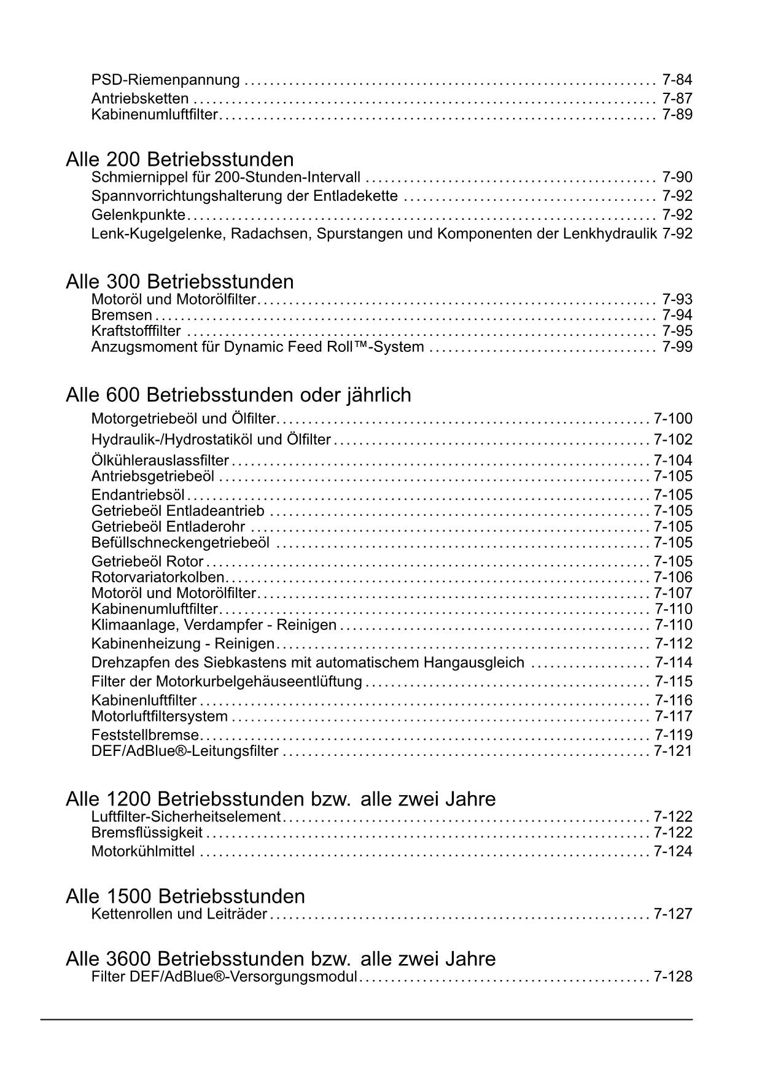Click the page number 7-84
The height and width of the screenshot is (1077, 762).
(x=677, y=80)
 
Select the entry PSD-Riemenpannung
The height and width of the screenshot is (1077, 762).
(x=165, y=80)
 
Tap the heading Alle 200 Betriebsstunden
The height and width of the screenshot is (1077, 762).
(x=179, y=160)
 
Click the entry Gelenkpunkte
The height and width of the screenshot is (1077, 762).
(x=138, y=215)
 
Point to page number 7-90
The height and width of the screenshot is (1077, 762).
(x=677, y=177)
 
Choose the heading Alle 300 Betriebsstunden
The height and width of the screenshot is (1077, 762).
(x=179, y=282)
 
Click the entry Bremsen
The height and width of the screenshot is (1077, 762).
(x=122, y=316)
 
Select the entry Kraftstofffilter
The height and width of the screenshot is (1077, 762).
(x=136, y=332)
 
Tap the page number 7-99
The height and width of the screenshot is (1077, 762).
(x=677, y=347)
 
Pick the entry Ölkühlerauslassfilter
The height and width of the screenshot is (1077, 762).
(x=160, y=461)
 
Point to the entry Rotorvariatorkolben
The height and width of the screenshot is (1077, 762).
(x=158, y=577)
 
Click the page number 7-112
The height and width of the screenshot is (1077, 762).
(x=673, y=643)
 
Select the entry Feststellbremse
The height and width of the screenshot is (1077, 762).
(x=145, y=735)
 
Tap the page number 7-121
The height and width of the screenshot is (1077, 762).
(x=673, y=751)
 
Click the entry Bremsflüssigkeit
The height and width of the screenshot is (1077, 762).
(x=147, y=833)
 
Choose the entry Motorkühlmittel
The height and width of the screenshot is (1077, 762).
(x=143, y=852)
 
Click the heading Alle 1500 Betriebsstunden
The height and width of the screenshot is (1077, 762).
(x=185, y=896)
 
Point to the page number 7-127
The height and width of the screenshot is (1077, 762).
(x=673, y=914)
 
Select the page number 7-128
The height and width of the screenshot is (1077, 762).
(x=673, y=977)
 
